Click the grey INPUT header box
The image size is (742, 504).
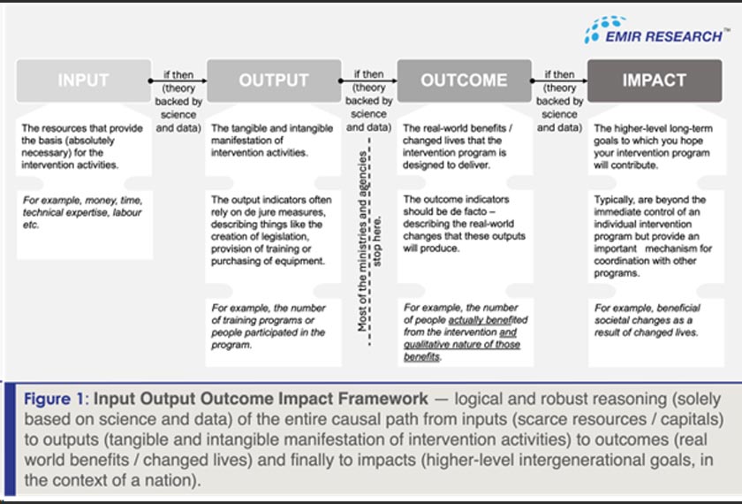point(83,80)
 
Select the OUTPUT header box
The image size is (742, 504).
point(274,80)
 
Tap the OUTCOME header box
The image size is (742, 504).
point(464,80)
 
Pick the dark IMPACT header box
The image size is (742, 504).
point(654,80)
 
